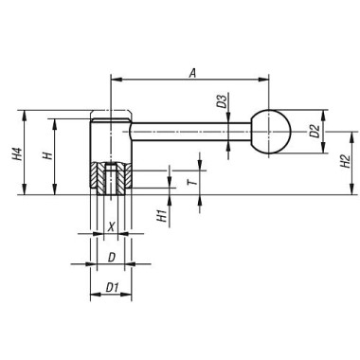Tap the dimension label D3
[x=221, y=101]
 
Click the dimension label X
[x=111, y=227]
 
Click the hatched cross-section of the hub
[x=110, y=180]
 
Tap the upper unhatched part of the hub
[x=110, y=137]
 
